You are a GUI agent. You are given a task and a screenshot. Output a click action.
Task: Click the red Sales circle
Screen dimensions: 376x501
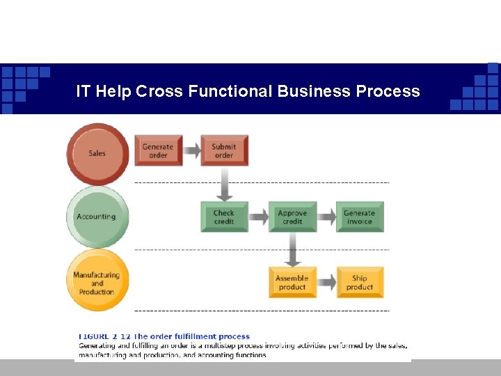97,153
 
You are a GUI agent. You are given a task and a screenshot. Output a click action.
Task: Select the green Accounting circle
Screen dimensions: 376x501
97,217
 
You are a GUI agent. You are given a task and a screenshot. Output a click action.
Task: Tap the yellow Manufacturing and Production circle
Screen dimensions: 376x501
97,281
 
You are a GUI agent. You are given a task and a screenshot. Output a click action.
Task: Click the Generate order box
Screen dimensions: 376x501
158,150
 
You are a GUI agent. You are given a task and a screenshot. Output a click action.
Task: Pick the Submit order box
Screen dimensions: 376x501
224,150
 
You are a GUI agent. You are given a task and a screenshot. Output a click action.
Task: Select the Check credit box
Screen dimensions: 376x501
224,217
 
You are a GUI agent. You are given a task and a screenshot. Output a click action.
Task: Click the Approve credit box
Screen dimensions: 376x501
292,217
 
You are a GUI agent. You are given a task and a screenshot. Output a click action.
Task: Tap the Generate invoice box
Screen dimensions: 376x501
359,217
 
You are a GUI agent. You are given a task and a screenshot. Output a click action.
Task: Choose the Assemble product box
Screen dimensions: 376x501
292,282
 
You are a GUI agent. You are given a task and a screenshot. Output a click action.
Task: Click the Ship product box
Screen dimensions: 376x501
359,282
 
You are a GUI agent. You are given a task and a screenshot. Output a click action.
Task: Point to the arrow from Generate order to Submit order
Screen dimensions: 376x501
191,150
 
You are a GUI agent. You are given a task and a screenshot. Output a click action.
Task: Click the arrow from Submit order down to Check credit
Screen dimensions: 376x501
224,184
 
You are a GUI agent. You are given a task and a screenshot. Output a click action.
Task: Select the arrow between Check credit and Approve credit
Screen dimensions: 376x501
258,217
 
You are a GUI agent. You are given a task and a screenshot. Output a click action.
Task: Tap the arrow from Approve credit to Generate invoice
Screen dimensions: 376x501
326,217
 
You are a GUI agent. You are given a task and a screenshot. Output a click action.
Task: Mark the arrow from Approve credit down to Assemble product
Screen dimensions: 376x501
292,249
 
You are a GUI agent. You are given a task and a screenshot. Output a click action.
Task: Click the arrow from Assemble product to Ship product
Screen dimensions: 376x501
326,282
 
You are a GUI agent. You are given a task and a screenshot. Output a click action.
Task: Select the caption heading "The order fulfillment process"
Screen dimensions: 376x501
191,337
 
